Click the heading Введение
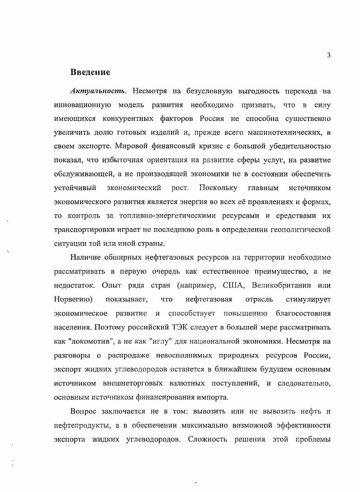pos(90,72)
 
